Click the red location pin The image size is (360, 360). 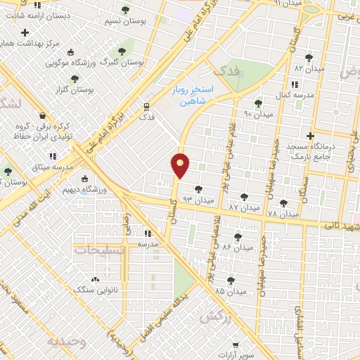(180, 165)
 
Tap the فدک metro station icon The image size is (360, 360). (146, 107)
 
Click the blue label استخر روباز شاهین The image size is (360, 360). (190, 96)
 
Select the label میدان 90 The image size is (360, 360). (257, 112)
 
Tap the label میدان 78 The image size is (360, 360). (283, 212)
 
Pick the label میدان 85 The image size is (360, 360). (231, 290)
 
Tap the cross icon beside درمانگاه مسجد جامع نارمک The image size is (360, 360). (310, 136)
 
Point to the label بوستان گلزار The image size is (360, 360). (75, 89)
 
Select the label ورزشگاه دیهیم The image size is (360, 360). (108, 190)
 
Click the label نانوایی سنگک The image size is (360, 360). (92, 289)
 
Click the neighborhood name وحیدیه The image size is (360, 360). (67, 341)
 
